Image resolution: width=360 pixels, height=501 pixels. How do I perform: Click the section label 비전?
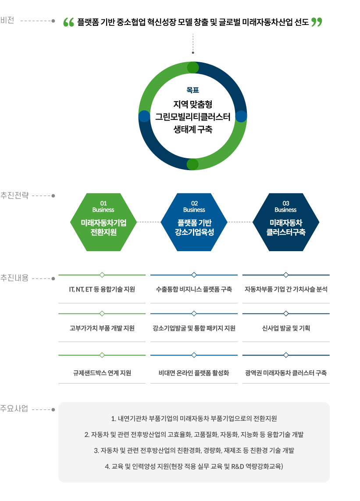point(7,20)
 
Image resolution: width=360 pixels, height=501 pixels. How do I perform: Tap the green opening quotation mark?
point(68,22)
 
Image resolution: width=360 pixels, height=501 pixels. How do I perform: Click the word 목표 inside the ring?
point(193,90)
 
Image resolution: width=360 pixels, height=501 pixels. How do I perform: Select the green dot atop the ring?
point(193,68)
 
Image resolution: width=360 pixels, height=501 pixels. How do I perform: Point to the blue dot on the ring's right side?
point(241,116)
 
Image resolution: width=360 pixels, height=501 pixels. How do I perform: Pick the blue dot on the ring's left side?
point(144,116)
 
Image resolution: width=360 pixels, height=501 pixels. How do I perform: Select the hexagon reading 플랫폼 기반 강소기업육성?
point(194,222)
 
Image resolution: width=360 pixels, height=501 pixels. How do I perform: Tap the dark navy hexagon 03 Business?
point(285,222)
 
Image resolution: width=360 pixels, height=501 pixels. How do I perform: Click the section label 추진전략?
point(14,195)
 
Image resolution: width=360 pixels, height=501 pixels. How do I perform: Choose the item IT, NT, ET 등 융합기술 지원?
point(102,290)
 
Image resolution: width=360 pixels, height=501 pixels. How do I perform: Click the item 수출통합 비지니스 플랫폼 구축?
point(194,290)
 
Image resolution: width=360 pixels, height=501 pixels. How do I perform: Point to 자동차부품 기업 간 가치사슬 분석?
point(286,290)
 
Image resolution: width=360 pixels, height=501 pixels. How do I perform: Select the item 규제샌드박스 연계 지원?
point(102,373)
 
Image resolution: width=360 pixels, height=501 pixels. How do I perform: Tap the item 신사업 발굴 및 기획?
point(286,328)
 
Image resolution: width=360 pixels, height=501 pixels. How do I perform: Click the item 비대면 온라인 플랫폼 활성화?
point(194,373)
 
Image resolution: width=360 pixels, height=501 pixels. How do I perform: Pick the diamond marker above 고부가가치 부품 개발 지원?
point(102,313)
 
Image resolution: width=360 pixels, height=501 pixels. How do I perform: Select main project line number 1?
point(194,419)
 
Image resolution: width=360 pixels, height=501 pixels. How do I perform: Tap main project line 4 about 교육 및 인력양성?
point(194,466)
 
